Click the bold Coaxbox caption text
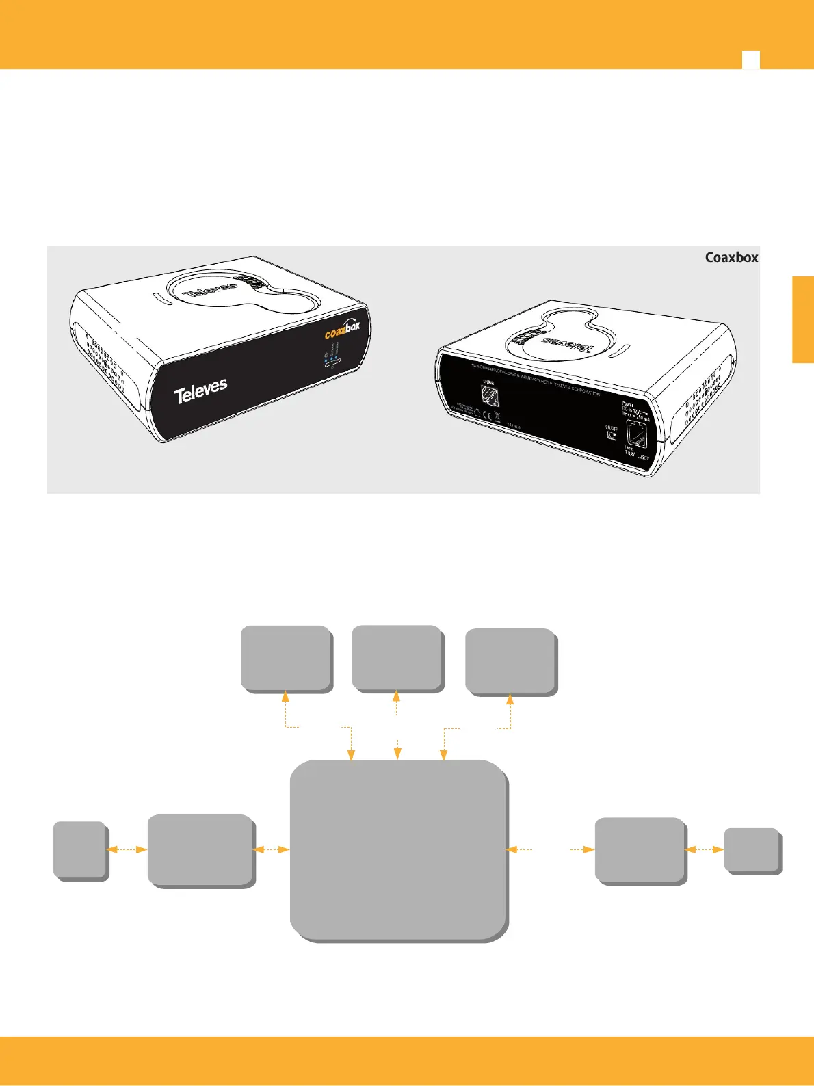(731, 258)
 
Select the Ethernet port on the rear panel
(490, 395)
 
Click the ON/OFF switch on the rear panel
(611, 434)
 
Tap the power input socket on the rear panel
(636, 435)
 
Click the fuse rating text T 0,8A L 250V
(635, 454)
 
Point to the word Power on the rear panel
(628, 404)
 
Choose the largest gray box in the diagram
(398, 850)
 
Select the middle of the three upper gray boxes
(397, 657)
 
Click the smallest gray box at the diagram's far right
(752, 850)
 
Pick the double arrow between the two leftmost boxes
(127, 849)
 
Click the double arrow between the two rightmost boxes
(705, 849)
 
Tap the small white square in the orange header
(750, 59)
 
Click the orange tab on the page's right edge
(803, 319)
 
